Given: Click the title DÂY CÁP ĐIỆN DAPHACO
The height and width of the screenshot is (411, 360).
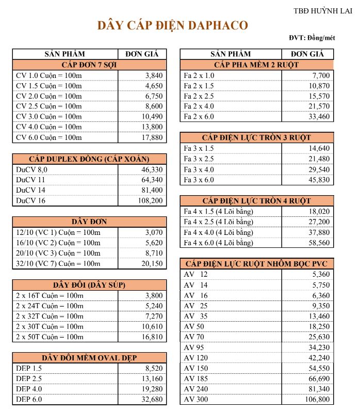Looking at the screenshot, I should pos(173,25).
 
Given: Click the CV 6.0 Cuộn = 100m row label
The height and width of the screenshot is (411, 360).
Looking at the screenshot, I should pos(49,137).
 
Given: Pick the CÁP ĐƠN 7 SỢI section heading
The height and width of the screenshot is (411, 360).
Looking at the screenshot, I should pos(90,65).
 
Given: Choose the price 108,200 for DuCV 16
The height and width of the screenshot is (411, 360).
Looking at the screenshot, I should pos(150,200).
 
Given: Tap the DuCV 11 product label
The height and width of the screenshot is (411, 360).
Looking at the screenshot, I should pos(31,180).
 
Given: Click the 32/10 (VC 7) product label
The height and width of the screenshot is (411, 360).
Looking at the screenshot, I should pos(58,263).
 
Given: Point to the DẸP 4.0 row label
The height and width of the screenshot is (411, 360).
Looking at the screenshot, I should pos(29,389).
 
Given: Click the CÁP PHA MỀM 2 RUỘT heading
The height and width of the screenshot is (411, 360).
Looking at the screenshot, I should pos(256,65).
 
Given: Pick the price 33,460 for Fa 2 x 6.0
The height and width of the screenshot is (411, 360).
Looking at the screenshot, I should pos(318,117).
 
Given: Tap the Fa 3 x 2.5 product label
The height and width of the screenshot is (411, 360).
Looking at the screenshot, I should pos(199,159).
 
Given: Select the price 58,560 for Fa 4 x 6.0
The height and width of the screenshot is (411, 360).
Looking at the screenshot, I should pos(318,243).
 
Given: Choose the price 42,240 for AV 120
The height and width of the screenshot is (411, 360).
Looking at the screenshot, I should pos(318,358).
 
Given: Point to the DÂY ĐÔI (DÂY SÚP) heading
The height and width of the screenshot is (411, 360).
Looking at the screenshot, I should pos(90,284).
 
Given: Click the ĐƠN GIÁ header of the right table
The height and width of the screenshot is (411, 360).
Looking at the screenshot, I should pos(307,54).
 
